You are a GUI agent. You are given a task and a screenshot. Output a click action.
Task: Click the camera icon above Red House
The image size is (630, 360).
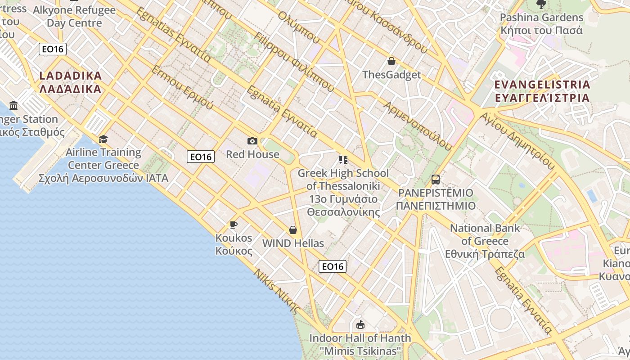pos(252,141)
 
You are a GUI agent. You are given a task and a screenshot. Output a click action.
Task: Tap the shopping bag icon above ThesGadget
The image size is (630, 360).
pos(391,61)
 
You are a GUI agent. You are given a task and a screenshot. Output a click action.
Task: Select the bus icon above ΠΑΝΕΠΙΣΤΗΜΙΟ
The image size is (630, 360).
pos(435,180)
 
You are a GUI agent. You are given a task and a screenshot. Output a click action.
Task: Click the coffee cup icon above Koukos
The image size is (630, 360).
pos(234,225)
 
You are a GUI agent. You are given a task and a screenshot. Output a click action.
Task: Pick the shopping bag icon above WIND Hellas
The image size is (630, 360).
pos(293,230)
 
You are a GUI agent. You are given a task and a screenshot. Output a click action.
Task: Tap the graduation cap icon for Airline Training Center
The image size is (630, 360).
pos(103,139)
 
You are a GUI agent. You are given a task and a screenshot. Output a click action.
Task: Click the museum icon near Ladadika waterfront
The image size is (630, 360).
pos(13,106)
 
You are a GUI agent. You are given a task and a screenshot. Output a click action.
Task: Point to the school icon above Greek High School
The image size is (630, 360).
pos(343,160)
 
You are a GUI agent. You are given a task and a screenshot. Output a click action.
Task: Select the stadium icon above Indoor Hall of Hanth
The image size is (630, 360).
pos(360,324)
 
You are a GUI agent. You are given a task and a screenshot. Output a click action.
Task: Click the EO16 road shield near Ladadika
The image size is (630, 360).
pos(53,49)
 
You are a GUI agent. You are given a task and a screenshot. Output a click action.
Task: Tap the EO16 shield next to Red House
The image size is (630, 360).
pos(201,157)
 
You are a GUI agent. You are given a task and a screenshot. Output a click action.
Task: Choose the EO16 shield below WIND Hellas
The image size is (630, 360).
pos(333,266)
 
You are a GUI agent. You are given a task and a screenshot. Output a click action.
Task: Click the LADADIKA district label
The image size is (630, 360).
pos(70,82)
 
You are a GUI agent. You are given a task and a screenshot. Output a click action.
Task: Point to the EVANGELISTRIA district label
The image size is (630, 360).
pos(542,91)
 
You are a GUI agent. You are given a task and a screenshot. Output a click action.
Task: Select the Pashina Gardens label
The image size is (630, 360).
pos(542,24)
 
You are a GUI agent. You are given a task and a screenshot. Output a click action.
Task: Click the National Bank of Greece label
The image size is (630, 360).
pos(485,241)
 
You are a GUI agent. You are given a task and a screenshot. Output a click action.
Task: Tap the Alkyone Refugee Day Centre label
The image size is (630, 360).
pos(74,16)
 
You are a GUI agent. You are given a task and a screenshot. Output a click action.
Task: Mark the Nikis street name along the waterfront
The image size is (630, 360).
pos(276,291)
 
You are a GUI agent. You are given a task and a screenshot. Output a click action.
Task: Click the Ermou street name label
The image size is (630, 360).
pos(182,88)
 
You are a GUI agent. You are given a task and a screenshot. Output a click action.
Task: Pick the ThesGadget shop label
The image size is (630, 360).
pos(391,75)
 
